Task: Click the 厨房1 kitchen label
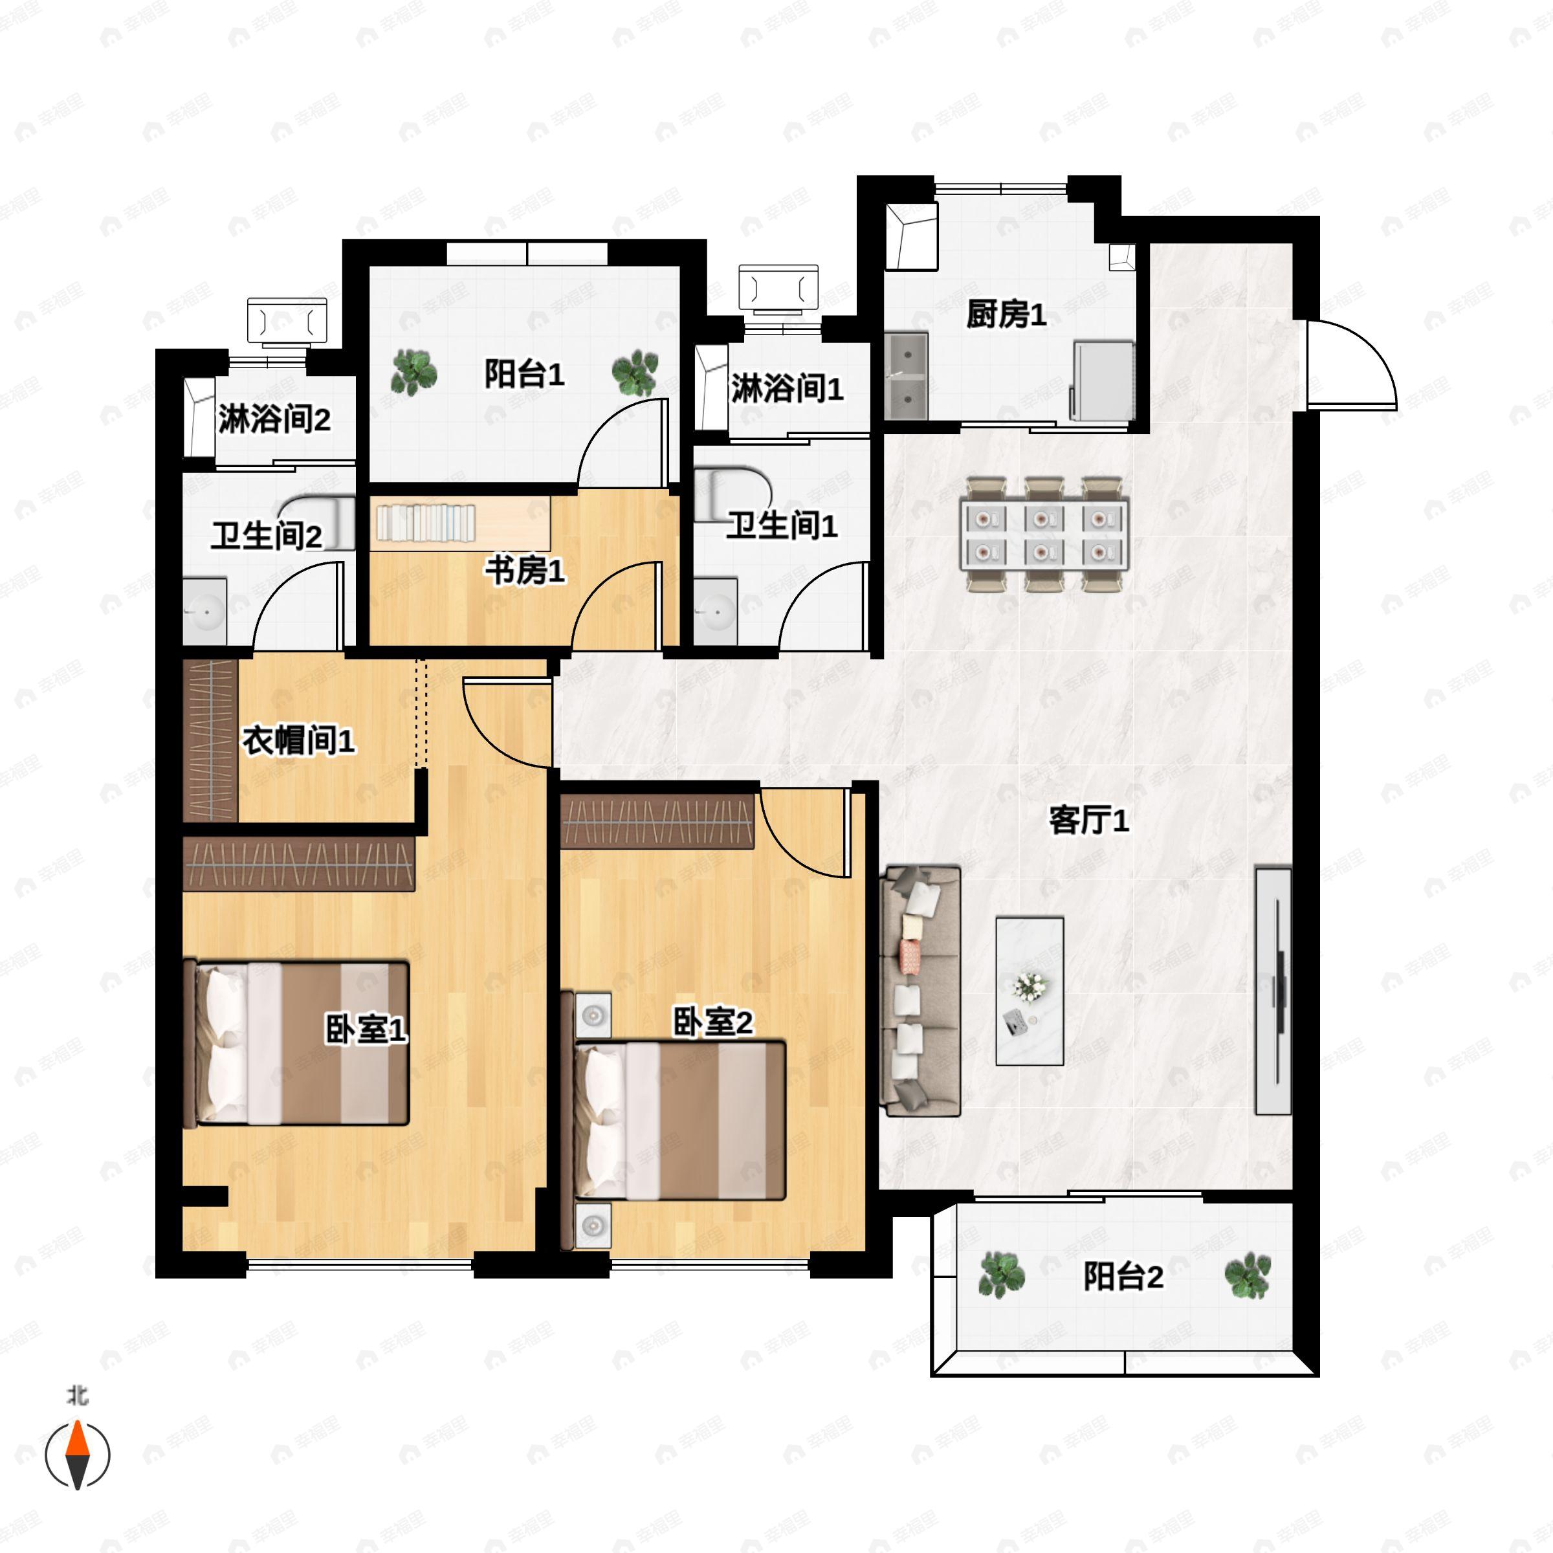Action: (x=1006, y=314)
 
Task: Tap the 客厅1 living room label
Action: (x=1088, y=821)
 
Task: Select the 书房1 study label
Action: (x=524, y=571)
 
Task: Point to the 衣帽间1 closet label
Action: (x=298, y=740)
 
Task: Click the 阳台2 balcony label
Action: (x=1122, y=1277)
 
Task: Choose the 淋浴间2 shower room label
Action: (x=274, y=419)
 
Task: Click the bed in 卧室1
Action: (x=298, y=1042)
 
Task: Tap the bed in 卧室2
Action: (x=679, y=1121)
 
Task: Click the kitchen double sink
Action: (x=906, y=376)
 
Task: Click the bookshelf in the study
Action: (x=426, y=522)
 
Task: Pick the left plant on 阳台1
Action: (x=415, y=372)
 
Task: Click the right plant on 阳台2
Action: (x=1248, y=1275)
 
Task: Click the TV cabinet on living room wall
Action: (x=1273, y=991)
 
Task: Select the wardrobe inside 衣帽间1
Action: (x=210, y=740)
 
